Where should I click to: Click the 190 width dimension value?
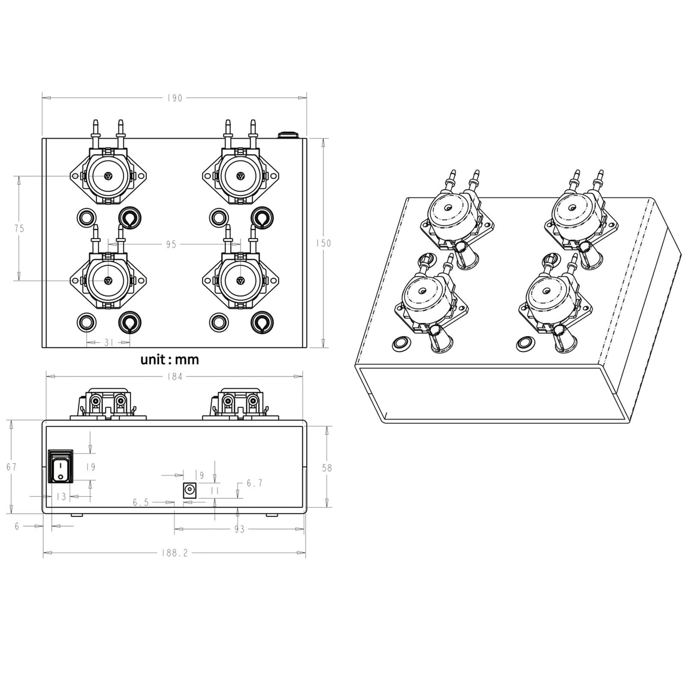point(174,98)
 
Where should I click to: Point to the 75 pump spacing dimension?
point(19,228)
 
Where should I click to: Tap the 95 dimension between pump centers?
point(171,245)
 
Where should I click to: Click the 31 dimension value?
point(109,342)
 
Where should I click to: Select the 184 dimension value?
point(174,377)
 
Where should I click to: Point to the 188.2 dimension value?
point(174,554)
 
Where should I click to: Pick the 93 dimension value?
point(239,530)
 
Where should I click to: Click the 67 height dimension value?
point(11,467)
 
